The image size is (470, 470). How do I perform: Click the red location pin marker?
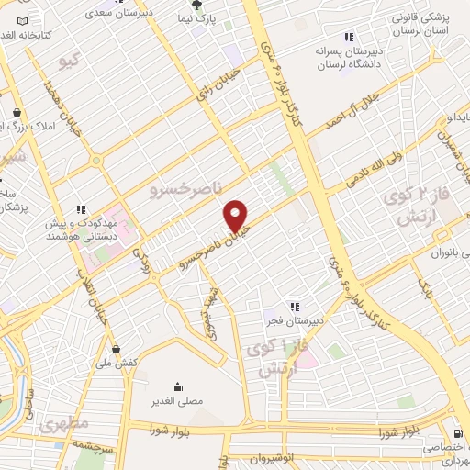tap(237, 217)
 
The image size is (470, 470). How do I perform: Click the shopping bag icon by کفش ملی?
tap(117, 348)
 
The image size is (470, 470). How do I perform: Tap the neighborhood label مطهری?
tap(64, 424)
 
